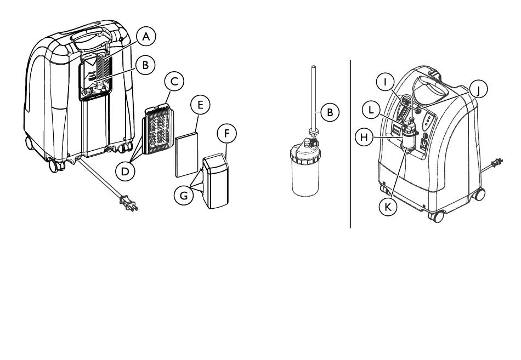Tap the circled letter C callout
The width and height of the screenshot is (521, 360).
pyautogui.click(x=174, y=82)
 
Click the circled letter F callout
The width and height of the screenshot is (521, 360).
pyautogui.click(x=226, y=133)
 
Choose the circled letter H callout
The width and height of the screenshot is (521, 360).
pyautogui.click(x=363, y=136)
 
